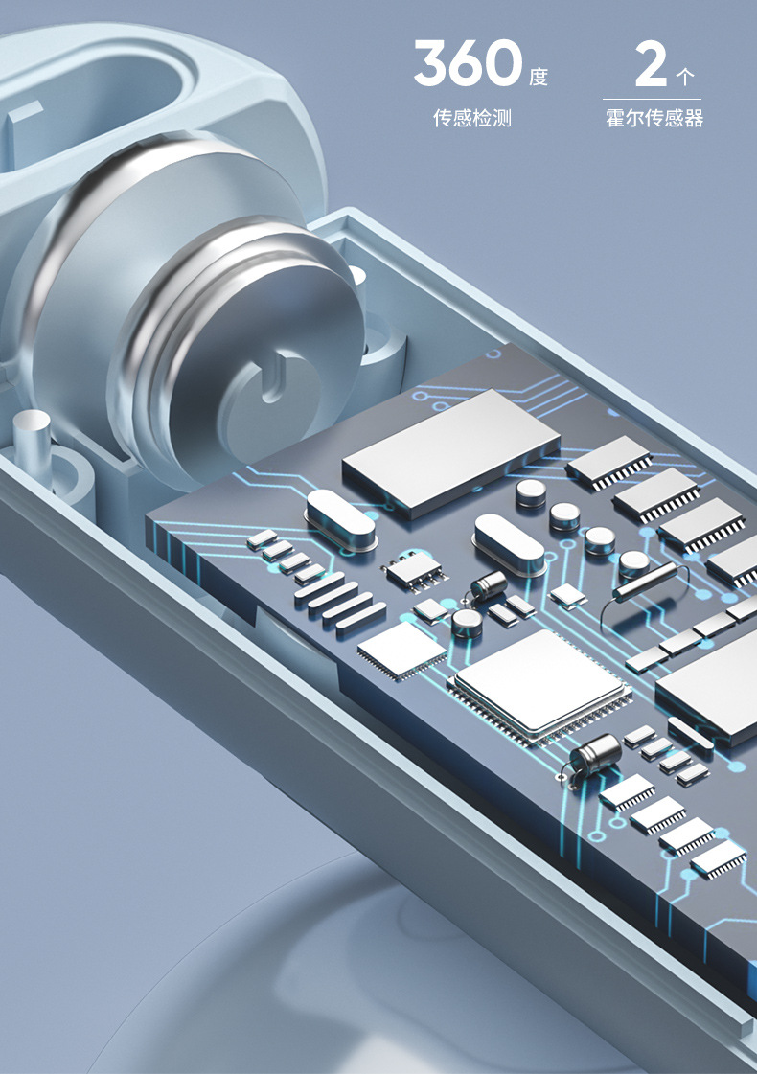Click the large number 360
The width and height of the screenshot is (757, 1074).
coord(469,62)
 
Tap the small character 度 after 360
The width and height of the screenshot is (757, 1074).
coord(539,76)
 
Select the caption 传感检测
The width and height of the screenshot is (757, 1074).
coord(472,118)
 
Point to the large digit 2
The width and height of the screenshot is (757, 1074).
coord(651,63)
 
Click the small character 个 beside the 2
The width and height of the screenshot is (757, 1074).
coord(684,76)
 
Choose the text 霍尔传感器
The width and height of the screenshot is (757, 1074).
coord(654,118)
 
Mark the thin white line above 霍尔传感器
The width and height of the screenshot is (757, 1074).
coord(653,100)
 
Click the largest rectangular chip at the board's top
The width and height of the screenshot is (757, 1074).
coord(451,448)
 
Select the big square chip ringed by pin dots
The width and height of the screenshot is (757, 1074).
coord(539,686)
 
